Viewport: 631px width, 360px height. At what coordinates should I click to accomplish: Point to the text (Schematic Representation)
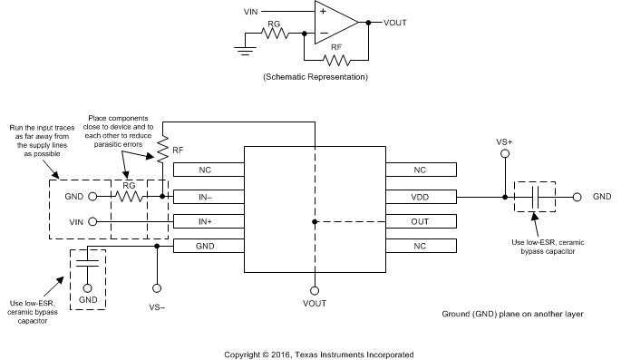(x=315, y=79)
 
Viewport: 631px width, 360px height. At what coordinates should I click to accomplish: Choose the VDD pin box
(x=421, y=195)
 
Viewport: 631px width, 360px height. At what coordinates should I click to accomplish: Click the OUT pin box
(x=421, y=220)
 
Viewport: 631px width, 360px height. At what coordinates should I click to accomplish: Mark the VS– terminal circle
(x=157, y=287)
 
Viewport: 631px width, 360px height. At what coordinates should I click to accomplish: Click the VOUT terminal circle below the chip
(x=315, y=291)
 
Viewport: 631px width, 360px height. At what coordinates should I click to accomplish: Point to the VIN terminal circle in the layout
(x=92, y=220)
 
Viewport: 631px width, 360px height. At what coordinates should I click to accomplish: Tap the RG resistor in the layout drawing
(x=128, y=195)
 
